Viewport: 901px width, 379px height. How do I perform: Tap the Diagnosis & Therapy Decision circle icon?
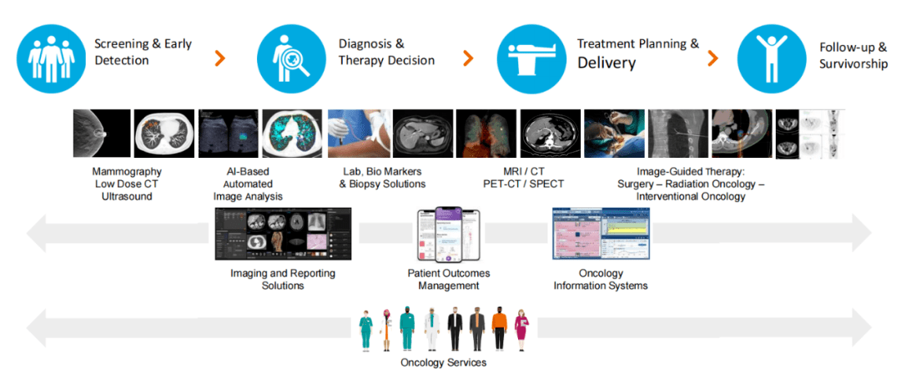(x=292, y=55)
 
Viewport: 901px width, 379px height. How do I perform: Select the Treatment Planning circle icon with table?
(x=531, y=55)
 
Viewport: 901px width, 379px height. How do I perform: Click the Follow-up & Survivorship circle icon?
(x=771, y=55)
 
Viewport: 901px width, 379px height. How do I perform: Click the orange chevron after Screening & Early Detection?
(x=219, y=58)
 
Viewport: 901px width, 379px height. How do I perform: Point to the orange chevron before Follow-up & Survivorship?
(x=712, y=58)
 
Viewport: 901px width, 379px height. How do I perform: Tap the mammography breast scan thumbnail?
(x=103, y=134)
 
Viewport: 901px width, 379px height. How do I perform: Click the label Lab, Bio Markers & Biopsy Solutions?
(x=382, y=178)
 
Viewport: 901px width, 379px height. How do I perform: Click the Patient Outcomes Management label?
(x=449, y=279)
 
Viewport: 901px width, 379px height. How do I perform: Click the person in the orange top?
(x=499, y=328)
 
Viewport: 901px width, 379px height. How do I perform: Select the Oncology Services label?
(x=443, y=362)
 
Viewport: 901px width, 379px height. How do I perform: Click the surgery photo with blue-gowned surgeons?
(x=615, y=134)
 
